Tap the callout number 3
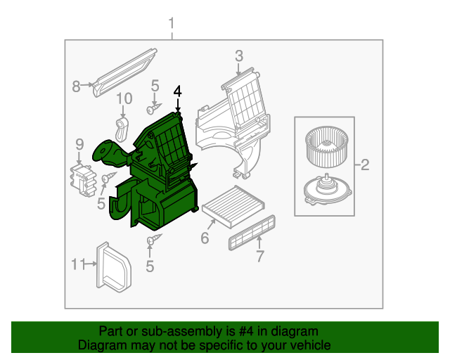pyautogui.click(x=238, y=56)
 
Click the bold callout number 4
pyautogui.click(x=177, y=91)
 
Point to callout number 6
pyautogui.click(x=205, y=238)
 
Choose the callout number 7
pyautogui.click(x=259, y=256)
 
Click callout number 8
pyautogui.click(x=77, y=86)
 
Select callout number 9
pyautogui.click(x=79, y=145)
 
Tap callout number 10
pyautogui.click(x=124, y=98)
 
